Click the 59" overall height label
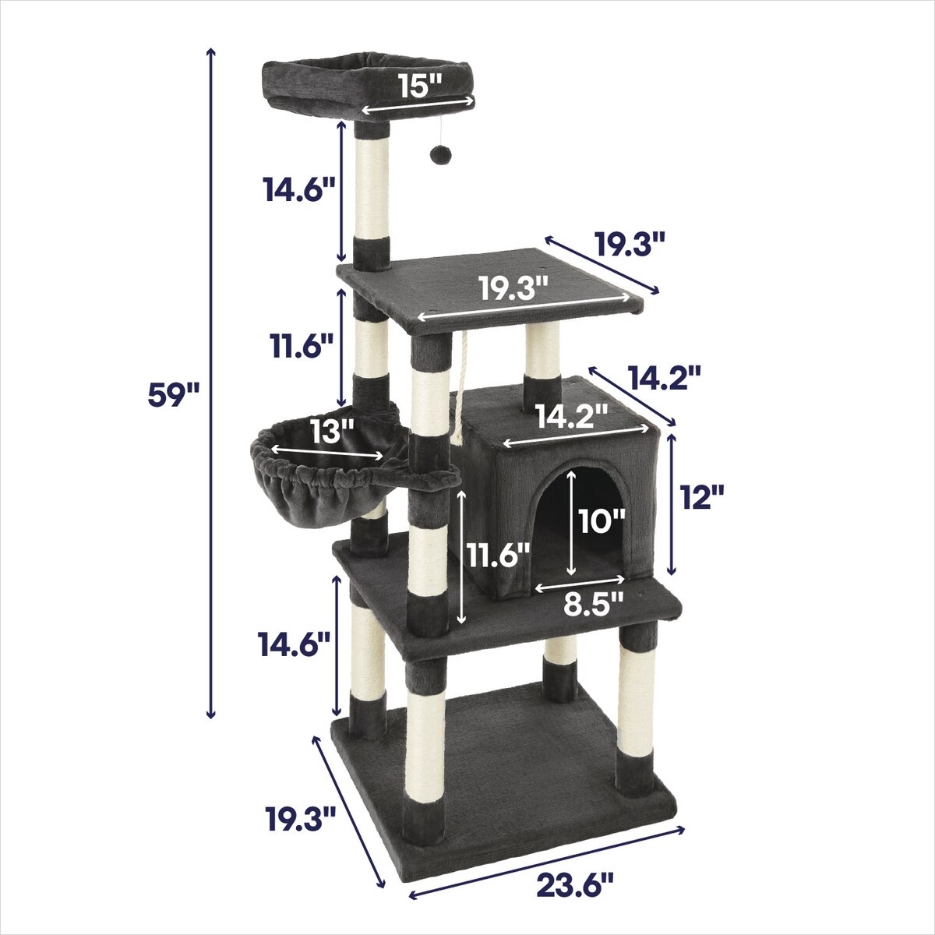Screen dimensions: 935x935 (173, 396)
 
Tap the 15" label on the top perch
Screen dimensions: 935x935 (419, 86)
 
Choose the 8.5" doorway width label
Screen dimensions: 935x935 (594, 606)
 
